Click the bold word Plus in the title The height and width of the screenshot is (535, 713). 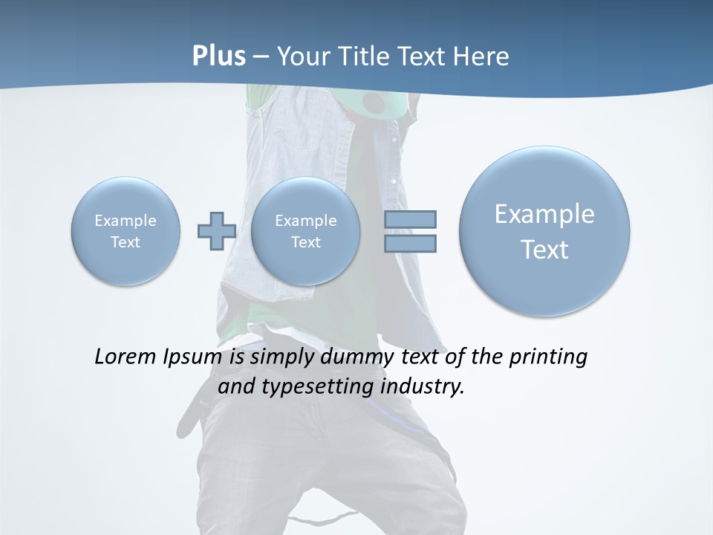[218, 56]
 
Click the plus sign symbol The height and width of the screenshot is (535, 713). [216, 230]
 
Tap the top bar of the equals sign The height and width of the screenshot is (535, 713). [410, 219]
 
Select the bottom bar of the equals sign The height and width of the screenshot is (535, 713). [410, 243]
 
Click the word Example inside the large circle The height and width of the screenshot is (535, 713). [544, 214]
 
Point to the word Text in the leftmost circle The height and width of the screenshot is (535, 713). [126, 242]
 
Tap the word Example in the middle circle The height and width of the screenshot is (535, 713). [305, 221]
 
